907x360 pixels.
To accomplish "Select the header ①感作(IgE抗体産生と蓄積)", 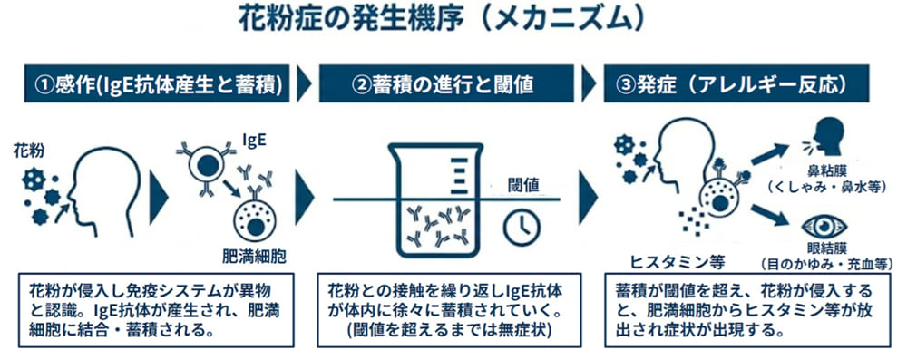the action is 157,83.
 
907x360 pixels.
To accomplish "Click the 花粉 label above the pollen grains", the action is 27,151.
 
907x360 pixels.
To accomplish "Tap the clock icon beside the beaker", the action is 522,228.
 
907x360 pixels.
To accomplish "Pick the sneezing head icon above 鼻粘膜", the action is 824,137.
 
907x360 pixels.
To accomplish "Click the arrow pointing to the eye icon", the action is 770,215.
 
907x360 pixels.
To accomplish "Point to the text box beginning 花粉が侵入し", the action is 156,310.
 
